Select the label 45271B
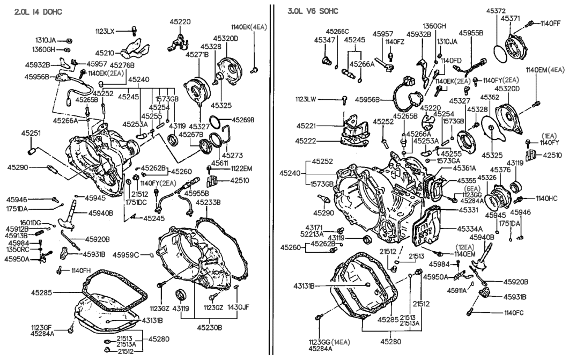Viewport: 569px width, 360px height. click(x=197, y=55)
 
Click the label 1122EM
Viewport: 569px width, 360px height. click(x=242, y=168)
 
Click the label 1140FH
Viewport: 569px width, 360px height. click(x=81, y=270)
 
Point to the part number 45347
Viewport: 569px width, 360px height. click(x=324, y=40)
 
